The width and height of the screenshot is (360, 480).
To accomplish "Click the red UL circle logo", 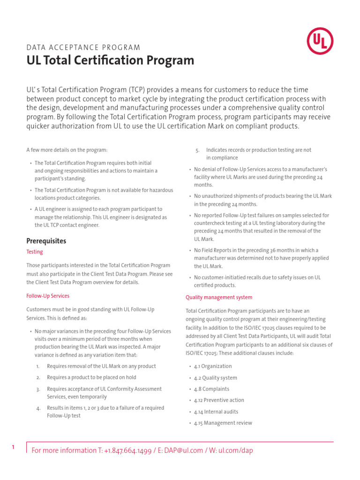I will click(x=320, y=41).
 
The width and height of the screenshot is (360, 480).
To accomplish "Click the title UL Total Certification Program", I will click(x=110, y=60).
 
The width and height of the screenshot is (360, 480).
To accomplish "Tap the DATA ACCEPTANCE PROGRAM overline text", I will click(x=83, y=47).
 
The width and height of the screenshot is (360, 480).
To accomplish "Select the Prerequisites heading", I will click(x=46, y=241).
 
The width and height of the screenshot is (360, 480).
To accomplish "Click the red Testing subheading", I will click(x=35, y=252).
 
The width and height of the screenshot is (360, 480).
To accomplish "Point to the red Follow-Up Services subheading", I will click(x=48, y=296).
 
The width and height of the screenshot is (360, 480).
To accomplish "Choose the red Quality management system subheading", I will click(x=219, y=297).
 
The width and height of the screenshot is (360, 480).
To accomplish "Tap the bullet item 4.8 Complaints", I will click(x=212, y=389).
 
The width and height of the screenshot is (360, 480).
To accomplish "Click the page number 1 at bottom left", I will click(x=13, y=448).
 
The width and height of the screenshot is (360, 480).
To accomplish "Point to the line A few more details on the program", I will click(x=67, y=150).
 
